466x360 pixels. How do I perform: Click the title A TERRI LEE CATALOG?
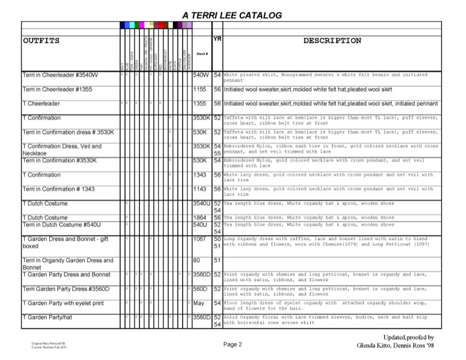click(232, 15)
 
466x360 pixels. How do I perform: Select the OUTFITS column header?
click(41, 41)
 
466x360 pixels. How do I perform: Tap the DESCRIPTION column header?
click(332, 41)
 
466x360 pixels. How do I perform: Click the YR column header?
click(217, 38)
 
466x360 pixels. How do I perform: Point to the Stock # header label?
click(201, 54)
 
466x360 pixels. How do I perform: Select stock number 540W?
click(200, 75)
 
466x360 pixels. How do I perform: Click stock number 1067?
click(200, 239)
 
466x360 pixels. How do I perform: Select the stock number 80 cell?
click(197, 260)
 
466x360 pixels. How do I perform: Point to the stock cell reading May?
click(198, 303)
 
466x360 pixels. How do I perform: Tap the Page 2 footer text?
click(232, 345)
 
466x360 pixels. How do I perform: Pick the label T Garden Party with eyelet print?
click(63, 303)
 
